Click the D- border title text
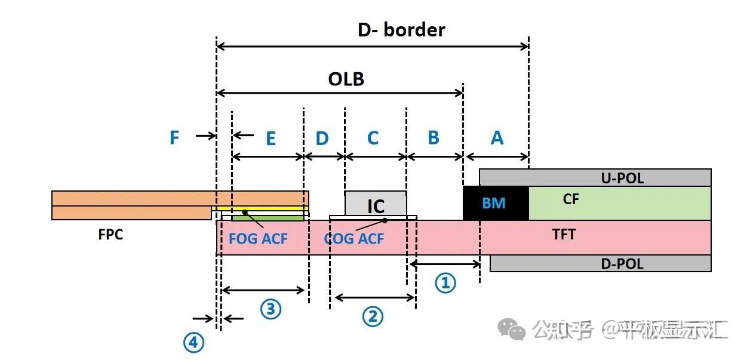[x=401, y=29]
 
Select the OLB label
[x=346, y=79]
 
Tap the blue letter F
[x=174, y=138]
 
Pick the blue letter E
[x=270, y=139]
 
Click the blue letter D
[x=322, y=139]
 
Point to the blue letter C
[x=373, y=139]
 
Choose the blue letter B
[x=434, y=138]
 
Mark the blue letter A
[x=497, y=138]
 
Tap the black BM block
[x=495, y=203]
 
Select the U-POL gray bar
[x=595, y=177]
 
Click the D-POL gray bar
[x=600, y=263]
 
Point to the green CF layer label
[x=571, y=199]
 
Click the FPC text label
[x=110, y=235]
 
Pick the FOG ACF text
[x=258, y=239]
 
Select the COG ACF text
[x=353, y=239]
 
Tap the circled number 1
[x=445, y=283]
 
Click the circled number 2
[x=373, y=316]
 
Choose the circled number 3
[x=270, y=309]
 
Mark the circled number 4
[x=193, y=343]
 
